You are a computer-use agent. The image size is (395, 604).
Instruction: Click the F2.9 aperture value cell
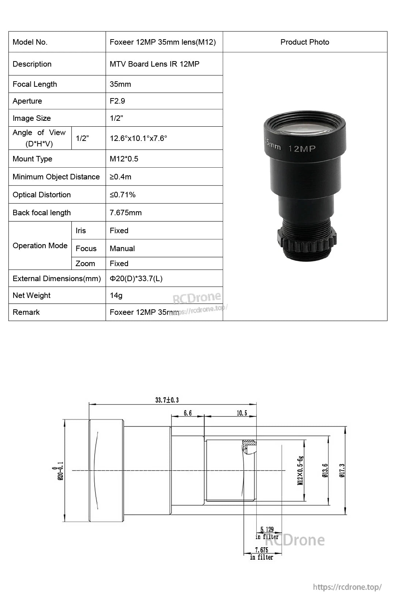coord(117,101)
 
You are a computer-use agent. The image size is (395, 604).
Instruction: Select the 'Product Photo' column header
coord(305,42)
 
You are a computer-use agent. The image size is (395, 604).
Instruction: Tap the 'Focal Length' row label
coord(35,84)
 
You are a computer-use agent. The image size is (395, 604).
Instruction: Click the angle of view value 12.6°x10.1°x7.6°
coord(138,138)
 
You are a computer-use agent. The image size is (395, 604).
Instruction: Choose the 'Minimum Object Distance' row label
coord(56,177)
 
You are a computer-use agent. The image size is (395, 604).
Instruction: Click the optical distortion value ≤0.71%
coord(123,195)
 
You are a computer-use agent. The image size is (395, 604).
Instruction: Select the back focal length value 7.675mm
coord(125,213)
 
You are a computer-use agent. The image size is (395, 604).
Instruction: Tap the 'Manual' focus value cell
coord(122,249)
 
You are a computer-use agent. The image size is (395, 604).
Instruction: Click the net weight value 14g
coord(116,295)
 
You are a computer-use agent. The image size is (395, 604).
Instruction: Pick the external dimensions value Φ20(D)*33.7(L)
coord(136,279)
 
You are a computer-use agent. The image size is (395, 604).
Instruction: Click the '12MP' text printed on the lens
coord(302,149)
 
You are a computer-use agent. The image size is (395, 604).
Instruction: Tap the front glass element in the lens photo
coord(305,126)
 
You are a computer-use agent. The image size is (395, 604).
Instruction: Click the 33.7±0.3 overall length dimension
coord(167,400)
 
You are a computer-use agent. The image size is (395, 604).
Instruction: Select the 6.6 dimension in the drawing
coord(188,413)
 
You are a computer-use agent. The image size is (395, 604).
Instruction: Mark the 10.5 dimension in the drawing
coord(242,413)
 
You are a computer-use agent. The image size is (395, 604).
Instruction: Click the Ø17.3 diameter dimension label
coord(342,470)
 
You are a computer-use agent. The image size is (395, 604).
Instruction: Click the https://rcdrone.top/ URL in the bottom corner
coord(347,587)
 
